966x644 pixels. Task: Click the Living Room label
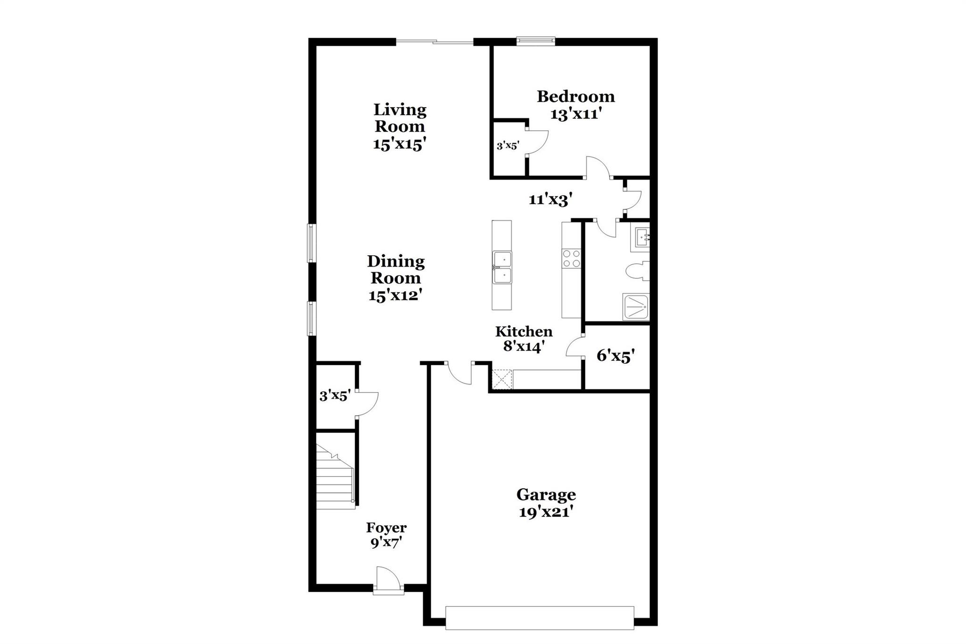pyautogui.click(x=400, y=118)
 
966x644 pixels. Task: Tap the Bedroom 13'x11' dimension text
pyautogui.click(x=575, y=114)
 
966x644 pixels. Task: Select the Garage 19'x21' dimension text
pyautogui.click(x=546, y=512)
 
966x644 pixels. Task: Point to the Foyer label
pyautogui.click(x=386, y=527)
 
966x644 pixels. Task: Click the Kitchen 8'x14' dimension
pyautogui.click(x=524, y=347)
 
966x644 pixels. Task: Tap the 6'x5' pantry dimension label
pyautogui.click(x=616, y=356)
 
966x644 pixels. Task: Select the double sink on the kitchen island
pyautogui.click(x=502, y=268)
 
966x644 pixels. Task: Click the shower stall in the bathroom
pyautogui.click(x=636, y=307)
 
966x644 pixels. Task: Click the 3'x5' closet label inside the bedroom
pyautogui.click(x=508, y=146)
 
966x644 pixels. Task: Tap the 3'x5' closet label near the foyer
pyautogui.click(x=334, y=395)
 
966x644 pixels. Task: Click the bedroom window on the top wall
pyautogui.click(x=535, y=42)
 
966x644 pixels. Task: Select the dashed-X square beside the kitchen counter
pyautogui.click(x=501, y=379)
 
